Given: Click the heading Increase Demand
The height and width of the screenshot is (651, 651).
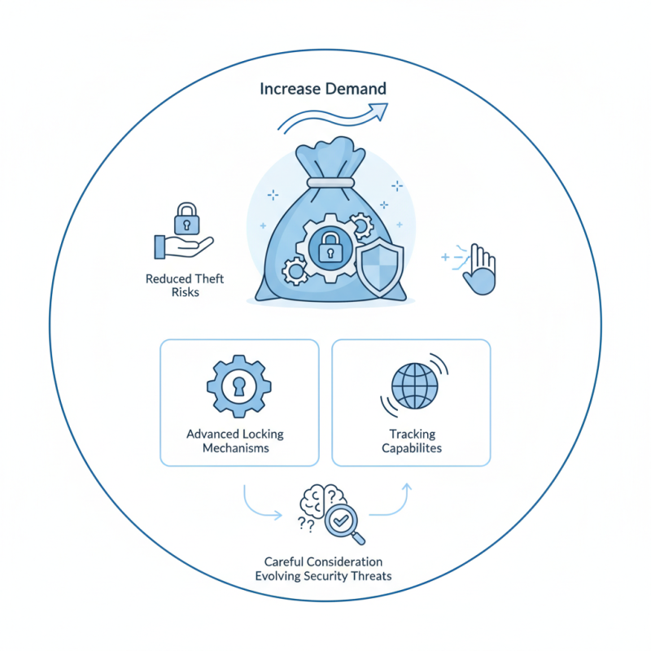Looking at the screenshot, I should pos(323,89).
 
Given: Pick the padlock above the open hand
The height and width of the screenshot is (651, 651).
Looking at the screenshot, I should pos(187,218).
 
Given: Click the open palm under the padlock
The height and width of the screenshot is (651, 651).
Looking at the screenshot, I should pos(182,245).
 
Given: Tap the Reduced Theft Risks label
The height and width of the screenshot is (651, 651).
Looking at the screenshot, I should pos(185,286).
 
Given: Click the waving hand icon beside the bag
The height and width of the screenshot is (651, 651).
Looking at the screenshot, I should pos(478,271).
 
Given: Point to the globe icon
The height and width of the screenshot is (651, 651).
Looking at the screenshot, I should pos(414,385).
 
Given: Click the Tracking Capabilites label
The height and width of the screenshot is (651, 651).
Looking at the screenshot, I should pos(412,440).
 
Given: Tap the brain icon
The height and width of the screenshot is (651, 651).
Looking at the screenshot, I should pos(320,506).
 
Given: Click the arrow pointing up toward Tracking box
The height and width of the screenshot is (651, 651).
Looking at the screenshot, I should pos(394,500).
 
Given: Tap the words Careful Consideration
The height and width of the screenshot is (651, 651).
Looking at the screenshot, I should pos(323,561).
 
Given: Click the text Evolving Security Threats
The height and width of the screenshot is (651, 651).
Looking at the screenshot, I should pos(323,576).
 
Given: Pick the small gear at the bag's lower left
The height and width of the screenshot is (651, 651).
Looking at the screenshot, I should pos(293,268).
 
